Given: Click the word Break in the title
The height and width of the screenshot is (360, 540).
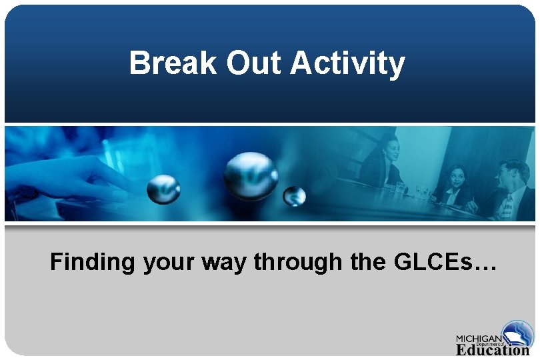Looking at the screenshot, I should point(174,64).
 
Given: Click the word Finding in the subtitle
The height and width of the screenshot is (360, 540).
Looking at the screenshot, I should point(93,262).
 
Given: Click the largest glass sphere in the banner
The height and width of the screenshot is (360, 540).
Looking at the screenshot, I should point(250,175).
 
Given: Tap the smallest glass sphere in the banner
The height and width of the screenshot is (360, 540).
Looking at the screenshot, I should point(294,196).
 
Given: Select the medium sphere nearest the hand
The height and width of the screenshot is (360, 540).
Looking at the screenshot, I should point(163,189).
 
